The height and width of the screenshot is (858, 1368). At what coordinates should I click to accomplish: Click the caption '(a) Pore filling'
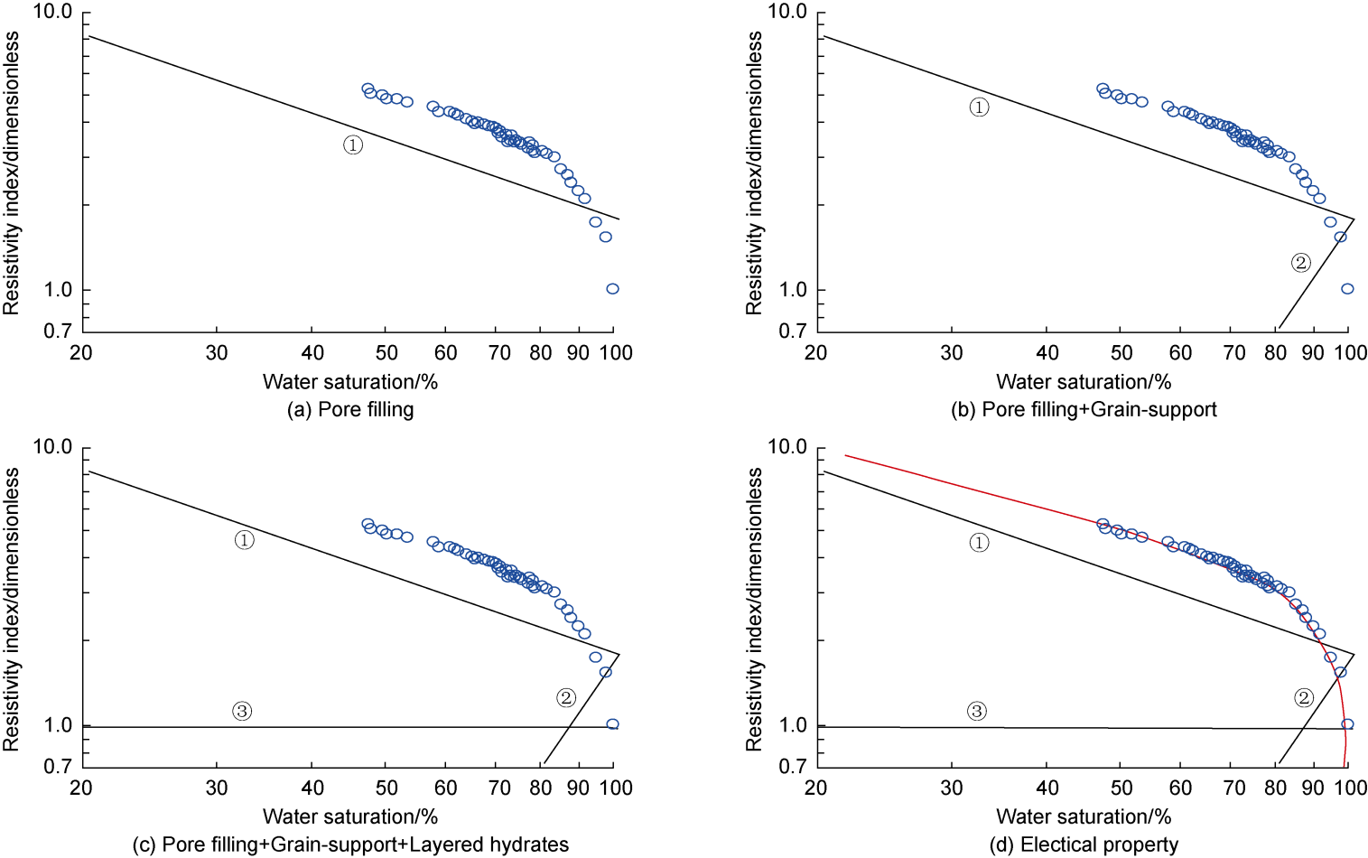(350, 410)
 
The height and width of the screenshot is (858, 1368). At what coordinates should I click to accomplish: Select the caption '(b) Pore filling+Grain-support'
(1084, 410)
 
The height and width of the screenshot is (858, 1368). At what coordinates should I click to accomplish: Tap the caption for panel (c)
(350, 845)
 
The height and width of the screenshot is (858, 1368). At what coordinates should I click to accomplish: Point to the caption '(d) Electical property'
(1084, 845)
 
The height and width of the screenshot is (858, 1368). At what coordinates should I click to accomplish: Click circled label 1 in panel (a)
(353, 145)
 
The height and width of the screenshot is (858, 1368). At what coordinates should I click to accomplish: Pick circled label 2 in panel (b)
(1300, 263)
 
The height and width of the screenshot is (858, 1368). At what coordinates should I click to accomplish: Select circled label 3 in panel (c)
(242, 711)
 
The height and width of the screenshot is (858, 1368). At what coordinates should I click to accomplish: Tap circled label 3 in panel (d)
(977, 711)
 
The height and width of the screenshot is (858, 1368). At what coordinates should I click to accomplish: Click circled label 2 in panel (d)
(1303, 697)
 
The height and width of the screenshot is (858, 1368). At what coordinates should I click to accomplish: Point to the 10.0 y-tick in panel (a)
(52, 12)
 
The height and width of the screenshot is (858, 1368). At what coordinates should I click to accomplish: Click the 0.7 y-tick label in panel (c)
(58, 766)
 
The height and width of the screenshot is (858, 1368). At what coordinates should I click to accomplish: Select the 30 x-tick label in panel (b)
(952, 353)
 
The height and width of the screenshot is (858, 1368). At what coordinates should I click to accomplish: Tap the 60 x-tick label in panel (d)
(1180, 788)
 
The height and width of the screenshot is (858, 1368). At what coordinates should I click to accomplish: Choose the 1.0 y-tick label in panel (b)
(793, 290)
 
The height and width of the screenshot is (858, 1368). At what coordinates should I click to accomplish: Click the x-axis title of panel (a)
(350, 382)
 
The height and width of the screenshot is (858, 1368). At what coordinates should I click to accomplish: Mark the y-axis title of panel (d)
(754, 608)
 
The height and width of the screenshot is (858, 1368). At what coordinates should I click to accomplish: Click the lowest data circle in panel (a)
(612, 289)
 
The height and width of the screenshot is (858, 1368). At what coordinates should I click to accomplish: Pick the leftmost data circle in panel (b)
(1103, 89)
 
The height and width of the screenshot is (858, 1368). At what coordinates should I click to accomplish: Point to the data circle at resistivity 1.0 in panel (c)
(612, 724)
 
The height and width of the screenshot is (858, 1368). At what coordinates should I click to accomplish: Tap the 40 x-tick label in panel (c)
(312, 788)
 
